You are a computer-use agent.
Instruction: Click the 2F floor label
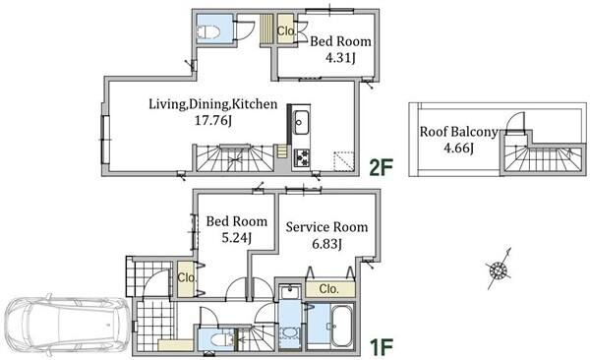coord(381,167)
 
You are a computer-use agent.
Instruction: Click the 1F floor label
coord(381,347)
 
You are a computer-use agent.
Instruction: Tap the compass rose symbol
coord(499,270)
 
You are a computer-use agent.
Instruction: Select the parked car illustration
coord(67,325)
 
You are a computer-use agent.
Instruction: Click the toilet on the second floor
coord(207,31)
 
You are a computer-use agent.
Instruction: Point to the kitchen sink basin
coord(301,122)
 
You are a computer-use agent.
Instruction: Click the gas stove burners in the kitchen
coord(302,157)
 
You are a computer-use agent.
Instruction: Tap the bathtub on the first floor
coord(341,327)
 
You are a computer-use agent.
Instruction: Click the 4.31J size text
coord(340,58)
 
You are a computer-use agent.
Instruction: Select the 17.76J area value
coord(213,121)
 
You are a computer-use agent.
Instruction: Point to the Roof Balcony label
coord(458,132)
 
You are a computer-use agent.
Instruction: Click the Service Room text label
coord(326,226)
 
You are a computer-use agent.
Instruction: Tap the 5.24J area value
coord(236,238)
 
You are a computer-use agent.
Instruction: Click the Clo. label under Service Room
coord(328,289)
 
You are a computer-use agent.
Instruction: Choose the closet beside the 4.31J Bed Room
coord(285,30)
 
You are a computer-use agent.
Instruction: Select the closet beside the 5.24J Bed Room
coord(186,279)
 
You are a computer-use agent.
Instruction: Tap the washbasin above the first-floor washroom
coord(290,293)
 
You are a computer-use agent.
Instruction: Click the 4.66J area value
coord(458,148)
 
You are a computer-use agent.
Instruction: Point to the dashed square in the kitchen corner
coord(344,161)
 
